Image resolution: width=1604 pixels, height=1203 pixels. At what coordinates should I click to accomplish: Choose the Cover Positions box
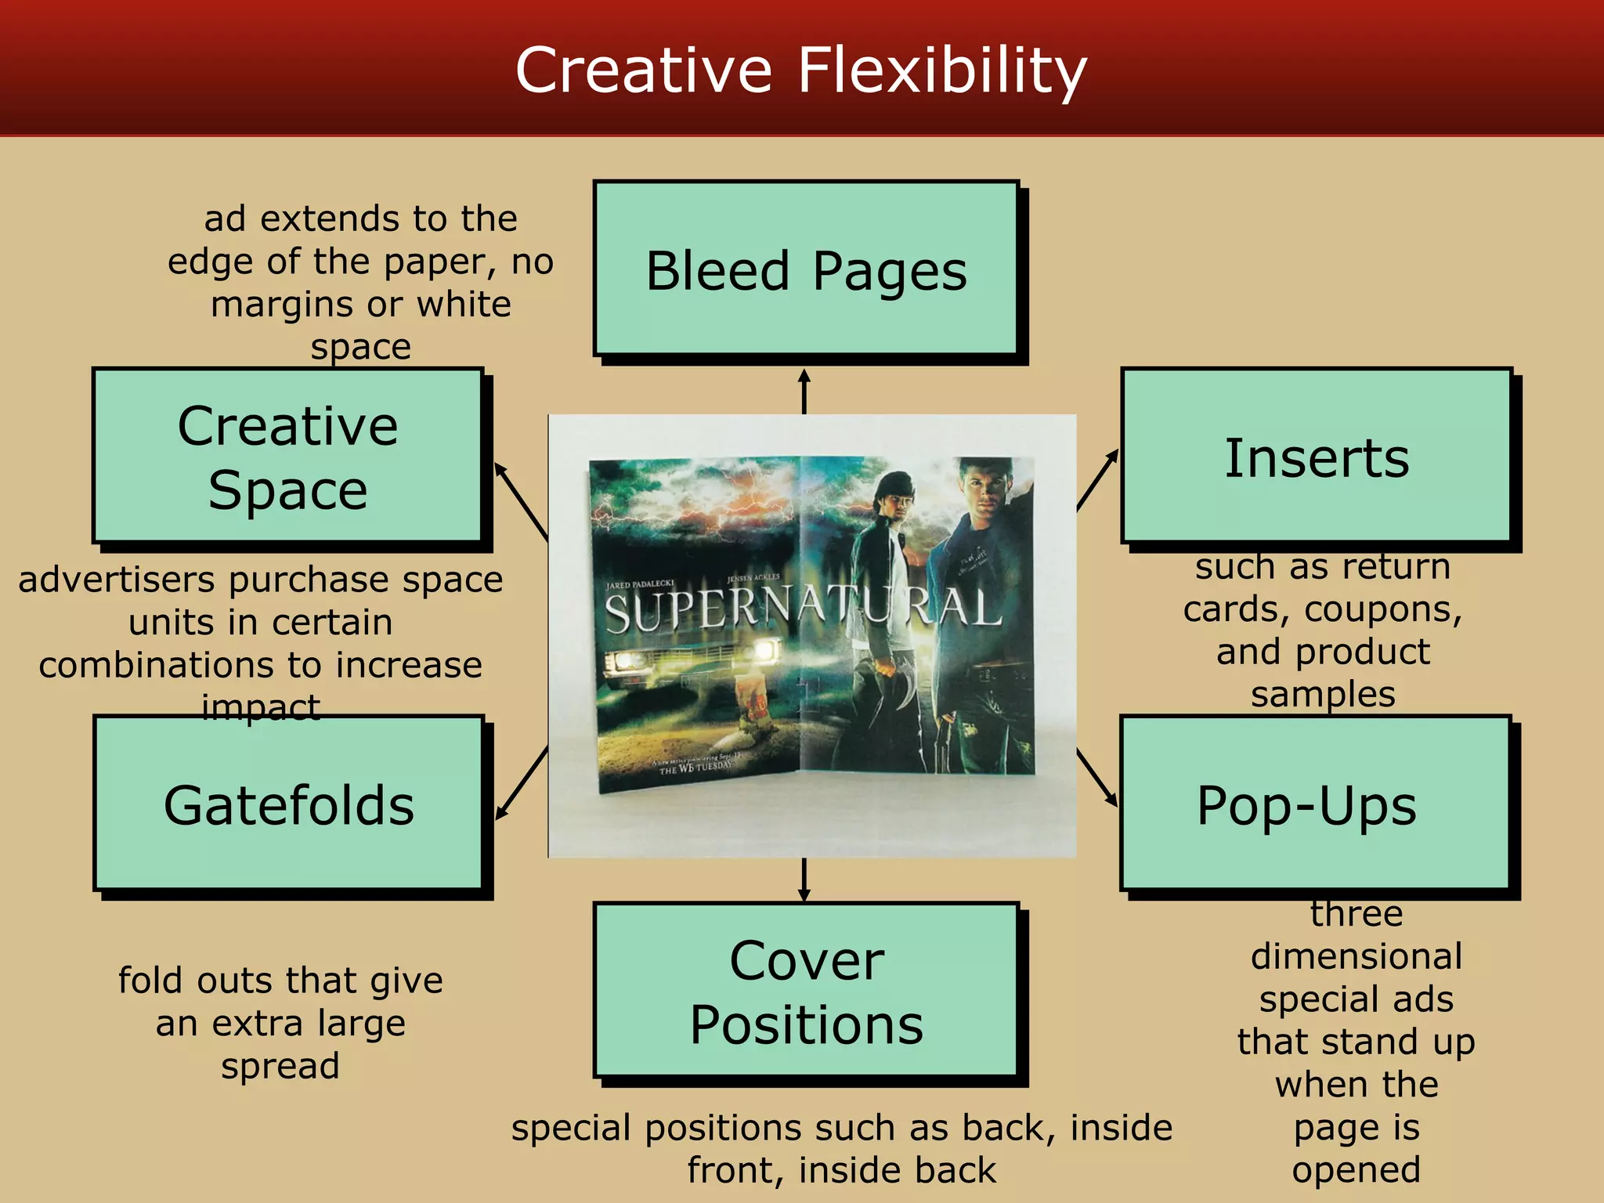click(x=806, y=990)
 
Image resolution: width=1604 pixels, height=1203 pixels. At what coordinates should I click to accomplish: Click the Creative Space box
click(x=287, y=456)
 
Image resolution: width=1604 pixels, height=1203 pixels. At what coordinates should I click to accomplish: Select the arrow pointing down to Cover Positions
click(x=804, y=880)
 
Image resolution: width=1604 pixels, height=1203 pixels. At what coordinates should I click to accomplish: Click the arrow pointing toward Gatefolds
click(x=522, y=783)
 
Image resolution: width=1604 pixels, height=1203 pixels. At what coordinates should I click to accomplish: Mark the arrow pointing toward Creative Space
click(x=521, y=501)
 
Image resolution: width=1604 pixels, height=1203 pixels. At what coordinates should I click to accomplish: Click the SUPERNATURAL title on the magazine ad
click(x=802, y=611)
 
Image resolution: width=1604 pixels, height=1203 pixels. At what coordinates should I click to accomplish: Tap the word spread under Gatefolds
click(x=280, y=1066)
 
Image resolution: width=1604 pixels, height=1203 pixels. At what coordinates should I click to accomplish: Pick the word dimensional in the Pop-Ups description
click(x=1357, y=956)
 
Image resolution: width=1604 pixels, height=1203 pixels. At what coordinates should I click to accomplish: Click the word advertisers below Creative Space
click(x=116, y=580)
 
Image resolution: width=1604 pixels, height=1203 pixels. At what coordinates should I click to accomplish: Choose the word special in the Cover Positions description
click(x=571, y=1129)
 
